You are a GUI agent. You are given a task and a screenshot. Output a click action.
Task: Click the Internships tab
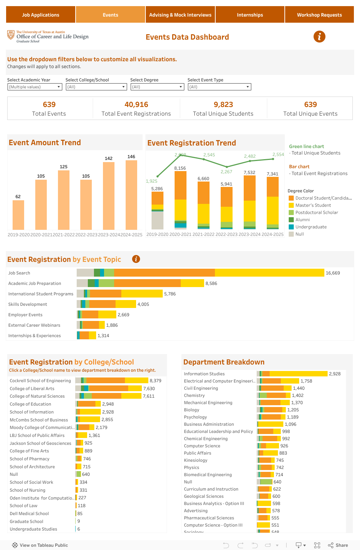(250, 15)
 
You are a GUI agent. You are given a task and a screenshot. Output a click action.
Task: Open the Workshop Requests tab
(319, 15)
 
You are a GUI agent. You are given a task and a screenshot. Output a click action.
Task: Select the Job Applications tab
(41, 15)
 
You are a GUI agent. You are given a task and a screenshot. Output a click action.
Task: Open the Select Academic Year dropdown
(35, 87)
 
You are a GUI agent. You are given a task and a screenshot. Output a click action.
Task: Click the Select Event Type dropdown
(219, 87)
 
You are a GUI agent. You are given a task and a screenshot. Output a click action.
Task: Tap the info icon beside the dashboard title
(319, 36)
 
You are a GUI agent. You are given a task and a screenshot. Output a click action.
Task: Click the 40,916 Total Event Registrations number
(136, 104)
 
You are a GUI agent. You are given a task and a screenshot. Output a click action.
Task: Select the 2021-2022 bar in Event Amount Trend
(64, 200)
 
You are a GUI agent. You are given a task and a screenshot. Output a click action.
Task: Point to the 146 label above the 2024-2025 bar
(131, 157)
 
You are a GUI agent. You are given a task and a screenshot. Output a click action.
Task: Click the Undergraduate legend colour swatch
(291, 227)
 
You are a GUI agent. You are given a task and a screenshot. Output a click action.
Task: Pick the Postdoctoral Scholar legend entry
(316, 213)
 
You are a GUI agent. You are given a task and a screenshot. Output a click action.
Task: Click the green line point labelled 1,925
(157, 176)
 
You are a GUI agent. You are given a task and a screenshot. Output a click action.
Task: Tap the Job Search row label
(19, 273)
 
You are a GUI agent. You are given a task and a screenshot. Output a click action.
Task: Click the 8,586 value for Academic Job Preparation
(211, 283)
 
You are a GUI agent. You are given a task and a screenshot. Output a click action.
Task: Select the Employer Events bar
(97, 315)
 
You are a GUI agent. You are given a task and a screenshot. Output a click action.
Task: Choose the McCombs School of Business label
(39, 420)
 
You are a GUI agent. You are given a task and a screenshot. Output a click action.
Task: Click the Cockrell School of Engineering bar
(112, 380)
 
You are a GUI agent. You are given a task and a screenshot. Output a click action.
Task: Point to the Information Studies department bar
(292, 374)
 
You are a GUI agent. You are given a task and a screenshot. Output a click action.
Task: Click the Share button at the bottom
(338, 545)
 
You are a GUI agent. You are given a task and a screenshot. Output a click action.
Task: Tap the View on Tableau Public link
(40, 545)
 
